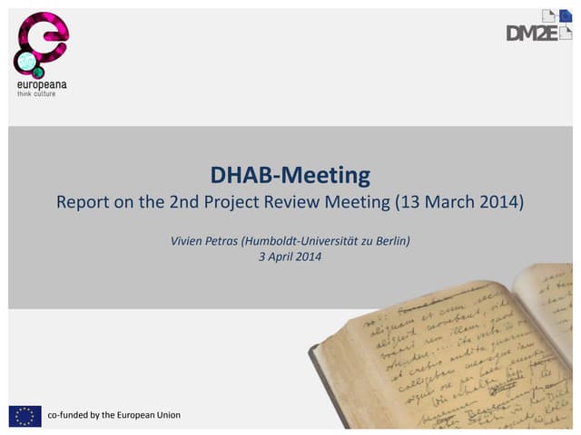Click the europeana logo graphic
[41, 43]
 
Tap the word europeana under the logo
[42, 84]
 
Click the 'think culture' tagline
[36, 93]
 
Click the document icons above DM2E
[555, 15]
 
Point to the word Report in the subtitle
[83, 201]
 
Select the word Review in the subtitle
[294, 201]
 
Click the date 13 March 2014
[459, 201]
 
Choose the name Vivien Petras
[203, 240]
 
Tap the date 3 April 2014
[290, 256]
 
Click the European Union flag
[25, 415]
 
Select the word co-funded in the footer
[67, 415]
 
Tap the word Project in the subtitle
[234, 201]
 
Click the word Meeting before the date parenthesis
[357, 201]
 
